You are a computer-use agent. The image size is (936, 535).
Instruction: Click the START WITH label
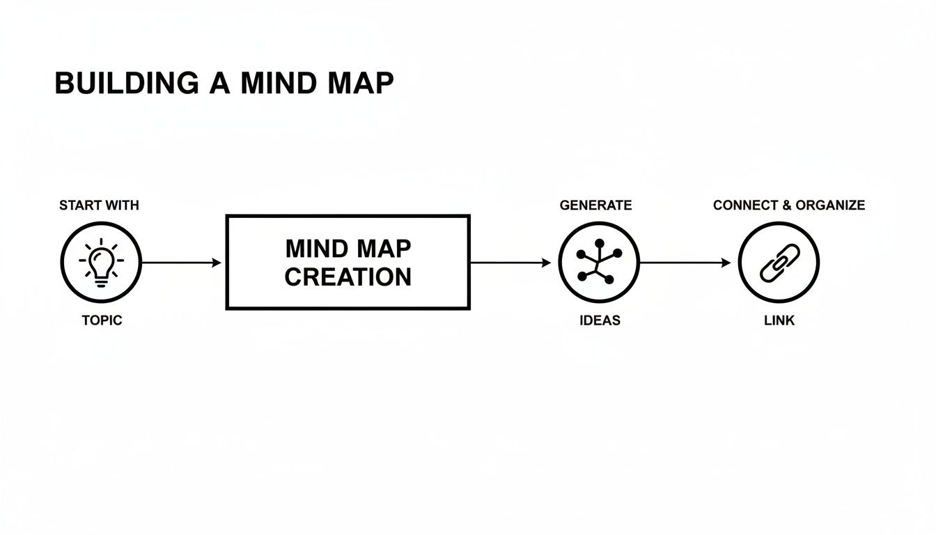point(99,206)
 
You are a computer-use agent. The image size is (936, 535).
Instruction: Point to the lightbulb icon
point(101,262)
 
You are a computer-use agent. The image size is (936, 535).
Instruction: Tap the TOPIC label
point(101,320)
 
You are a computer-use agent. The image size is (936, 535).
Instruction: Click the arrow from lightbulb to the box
point(181,263)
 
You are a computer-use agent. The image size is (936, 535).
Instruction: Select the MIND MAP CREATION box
point(348,262)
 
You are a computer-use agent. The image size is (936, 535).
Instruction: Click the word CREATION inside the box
point(348,277)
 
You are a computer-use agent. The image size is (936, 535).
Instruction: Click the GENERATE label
point(595,206)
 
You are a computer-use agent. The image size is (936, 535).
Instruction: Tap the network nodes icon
point(598,263)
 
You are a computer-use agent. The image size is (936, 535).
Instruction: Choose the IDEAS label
point(600,320)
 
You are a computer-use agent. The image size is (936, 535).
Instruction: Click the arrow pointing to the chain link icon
point(685,263)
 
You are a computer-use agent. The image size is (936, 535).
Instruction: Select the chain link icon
point(779,263)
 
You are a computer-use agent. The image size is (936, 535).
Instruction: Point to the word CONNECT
point(745,206)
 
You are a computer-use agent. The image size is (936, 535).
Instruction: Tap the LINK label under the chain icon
point(779,320)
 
